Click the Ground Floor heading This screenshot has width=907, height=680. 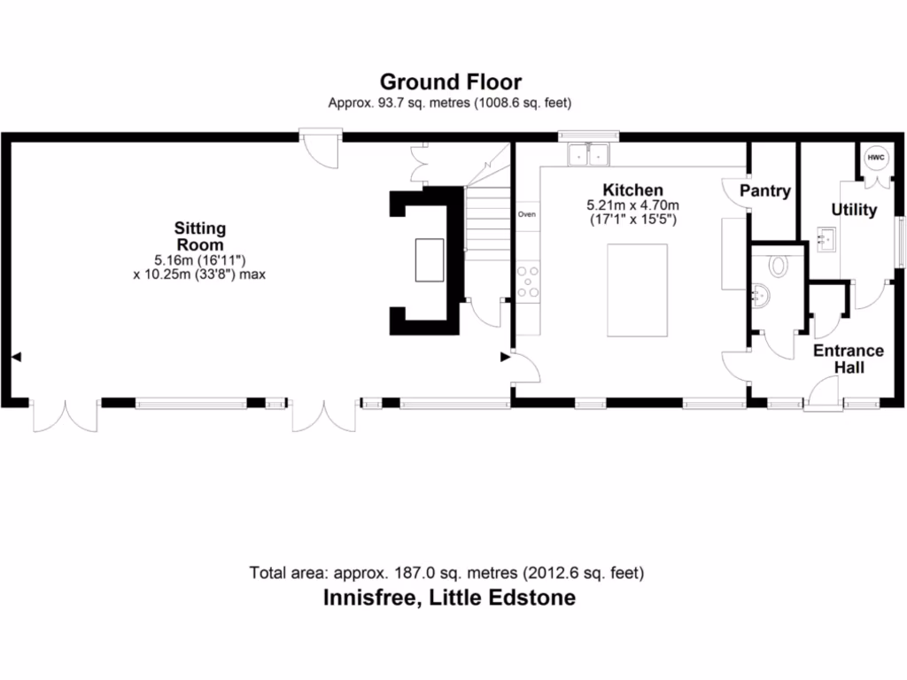(451, 82)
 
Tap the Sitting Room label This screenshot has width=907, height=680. (199, 237)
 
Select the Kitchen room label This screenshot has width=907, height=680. (632, 190)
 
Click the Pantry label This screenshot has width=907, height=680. (765, 190)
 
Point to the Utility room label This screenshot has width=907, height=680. (854, 210)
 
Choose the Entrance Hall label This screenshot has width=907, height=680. (849, 359)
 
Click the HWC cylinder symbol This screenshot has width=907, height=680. (876, 158)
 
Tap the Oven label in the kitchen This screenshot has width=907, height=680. (527, 214)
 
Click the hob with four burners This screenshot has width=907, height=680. (529, 281)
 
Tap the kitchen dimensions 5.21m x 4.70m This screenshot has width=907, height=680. (632, 205)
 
